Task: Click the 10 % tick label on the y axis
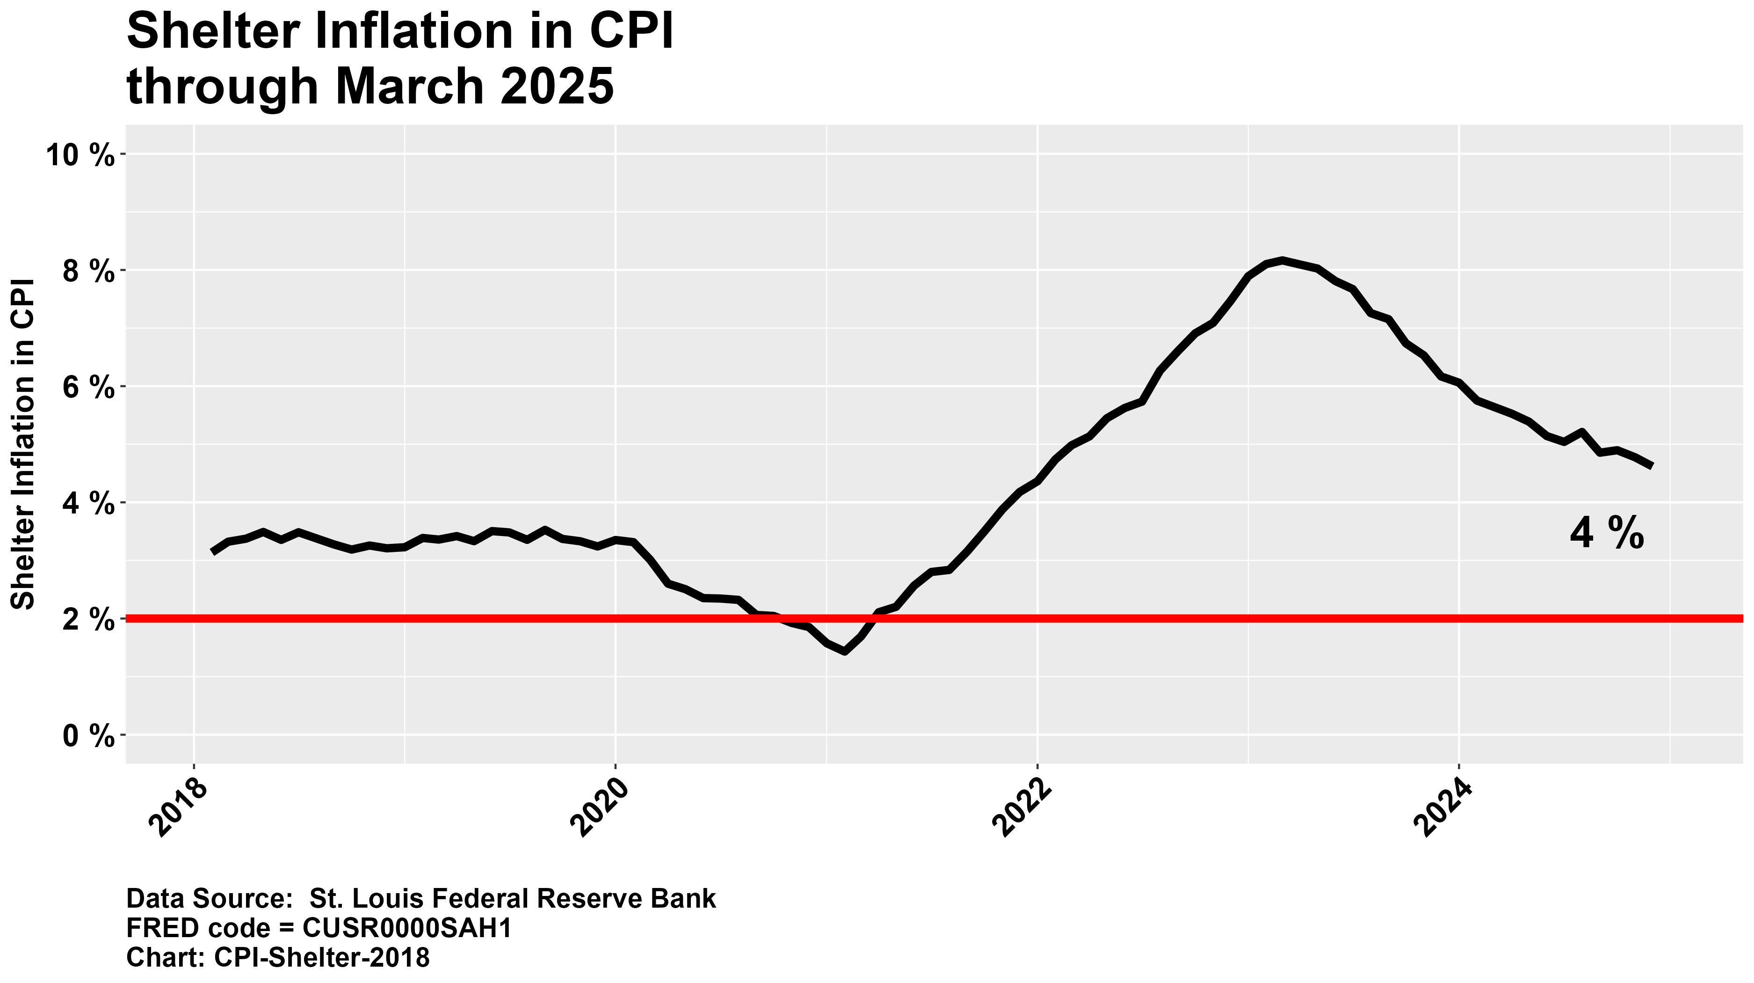tap(80, 155)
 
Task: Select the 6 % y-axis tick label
tap(87, 388)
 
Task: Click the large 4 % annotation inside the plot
tap(1606, 534)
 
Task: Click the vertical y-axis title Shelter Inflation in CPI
tap(24, 443)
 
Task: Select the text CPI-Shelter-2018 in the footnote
tap(322, 958)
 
